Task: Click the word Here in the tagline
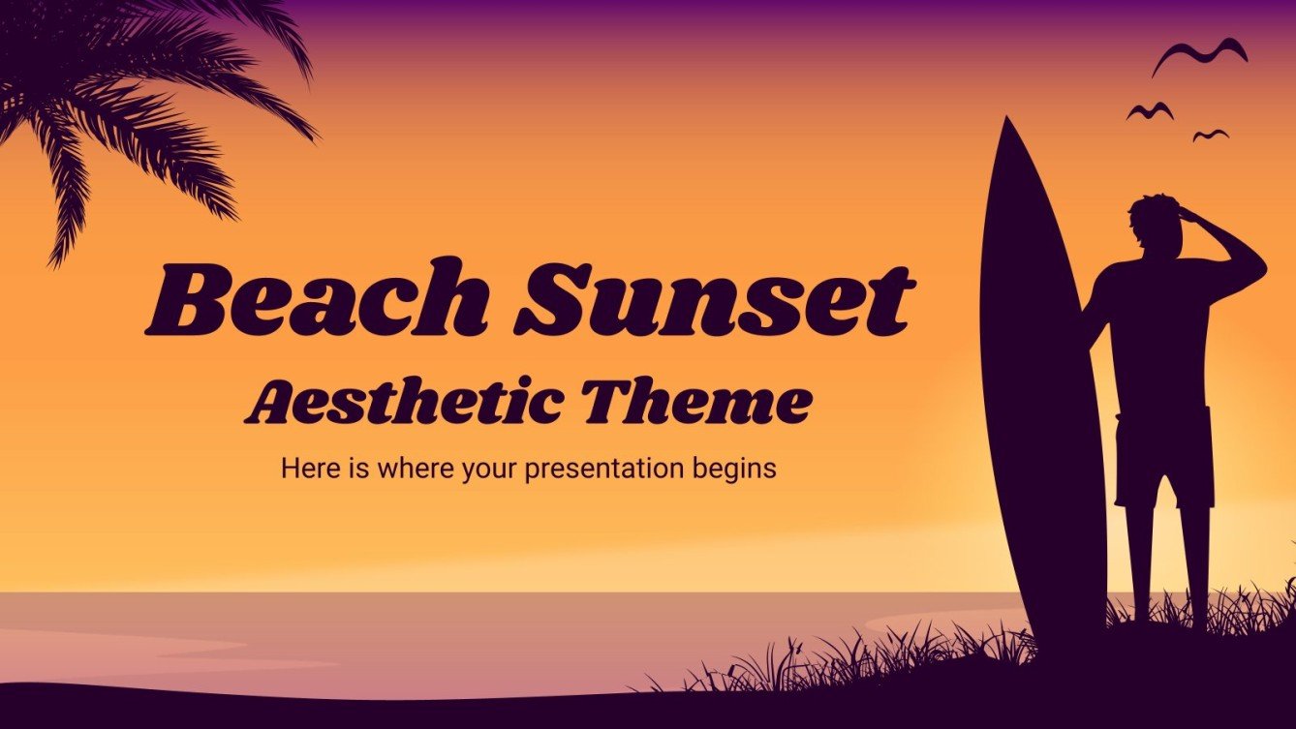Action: pyautogui.click(x=303, y=469)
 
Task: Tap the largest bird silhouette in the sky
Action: pyautogui.click(x=1199, y=55)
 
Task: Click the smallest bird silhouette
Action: pyautogui.click(x=1211, y=135)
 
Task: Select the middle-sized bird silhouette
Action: pyautogui.click(x=1150, y=111)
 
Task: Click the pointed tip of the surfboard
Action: pyautogui.click(x=1006, y=124)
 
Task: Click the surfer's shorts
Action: pyautogui.click(x=1162, y=455)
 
